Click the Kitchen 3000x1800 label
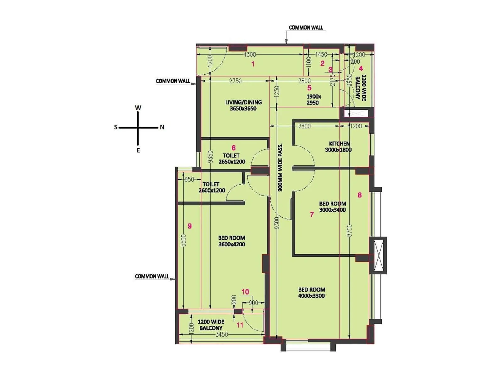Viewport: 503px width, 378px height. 338,146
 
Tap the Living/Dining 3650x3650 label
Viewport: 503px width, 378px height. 243,105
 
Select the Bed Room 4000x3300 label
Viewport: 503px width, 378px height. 312,292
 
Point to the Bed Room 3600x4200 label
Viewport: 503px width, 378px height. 232,241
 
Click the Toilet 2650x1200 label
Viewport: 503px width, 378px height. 232,158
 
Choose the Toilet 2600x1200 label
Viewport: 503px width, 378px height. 212,187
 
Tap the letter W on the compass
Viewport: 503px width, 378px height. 138,108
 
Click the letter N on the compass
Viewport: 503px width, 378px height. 162,127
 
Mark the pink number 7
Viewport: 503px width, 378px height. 312,215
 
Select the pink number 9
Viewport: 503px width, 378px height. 190,226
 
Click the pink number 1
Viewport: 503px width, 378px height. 253,64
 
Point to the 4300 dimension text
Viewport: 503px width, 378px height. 250,54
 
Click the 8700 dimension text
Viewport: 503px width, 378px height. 350,231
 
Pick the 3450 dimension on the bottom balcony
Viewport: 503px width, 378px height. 222,335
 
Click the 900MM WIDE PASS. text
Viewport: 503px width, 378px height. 280,168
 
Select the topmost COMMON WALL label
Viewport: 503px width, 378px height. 306,28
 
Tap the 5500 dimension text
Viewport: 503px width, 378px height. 184,240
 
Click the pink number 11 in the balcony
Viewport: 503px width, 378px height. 240,325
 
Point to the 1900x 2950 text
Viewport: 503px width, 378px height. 313,100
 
